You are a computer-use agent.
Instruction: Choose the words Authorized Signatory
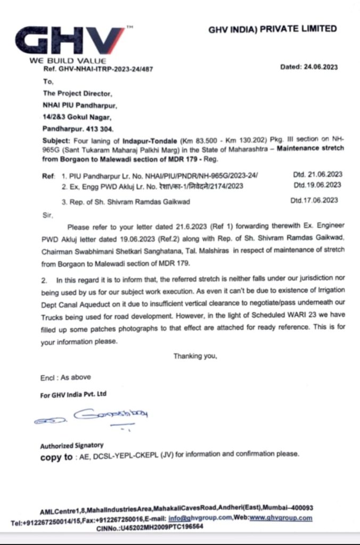coord(72,445)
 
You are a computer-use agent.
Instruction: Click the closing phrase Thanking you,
coord(195,356)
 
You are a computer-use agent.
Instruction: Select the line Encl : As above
coord(66,377)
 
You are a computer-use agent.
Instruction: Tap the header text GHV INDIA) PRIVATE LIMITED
coord(272,29)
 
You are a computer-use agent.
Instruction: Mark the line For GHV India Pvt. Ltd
coord(73,394)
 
